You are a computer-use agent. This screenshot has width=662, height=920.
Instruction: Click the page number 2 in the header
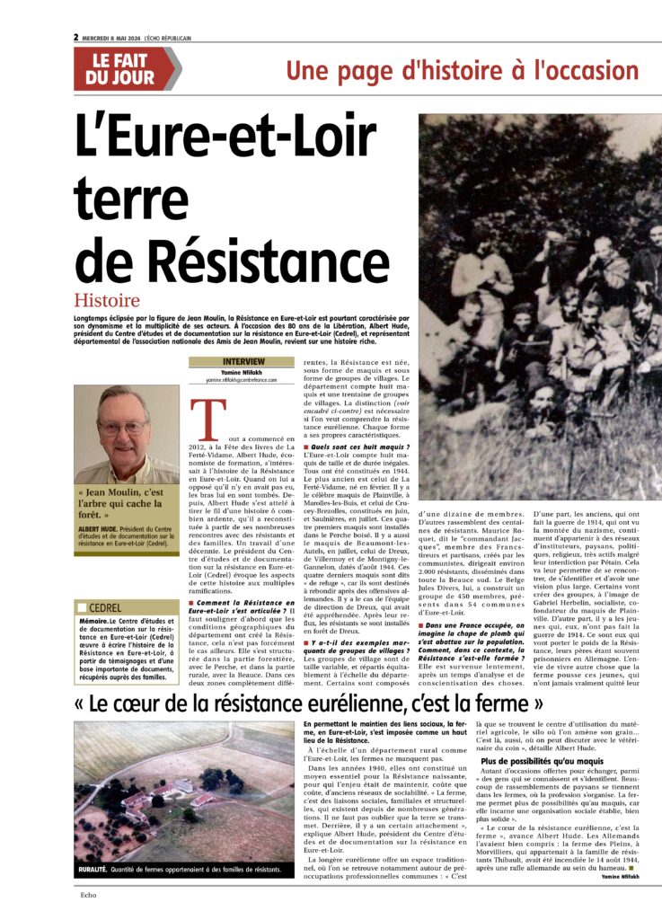coord(76,38)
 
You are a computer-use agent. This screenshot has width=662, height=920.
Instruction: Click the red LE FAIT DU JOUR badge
coord(126,68)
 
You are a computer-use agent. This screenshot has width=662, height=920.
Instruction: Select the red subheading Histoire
coord(107,301)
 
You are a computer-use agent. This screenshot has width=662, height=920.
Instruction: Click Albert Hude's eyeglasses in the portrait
coord(122,428)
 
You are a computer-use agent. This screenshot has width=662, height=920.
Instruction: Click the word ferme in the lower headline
coord(513,702)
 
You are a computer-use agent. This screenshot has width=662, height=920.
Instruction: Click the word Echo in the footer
coord(87,896)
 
